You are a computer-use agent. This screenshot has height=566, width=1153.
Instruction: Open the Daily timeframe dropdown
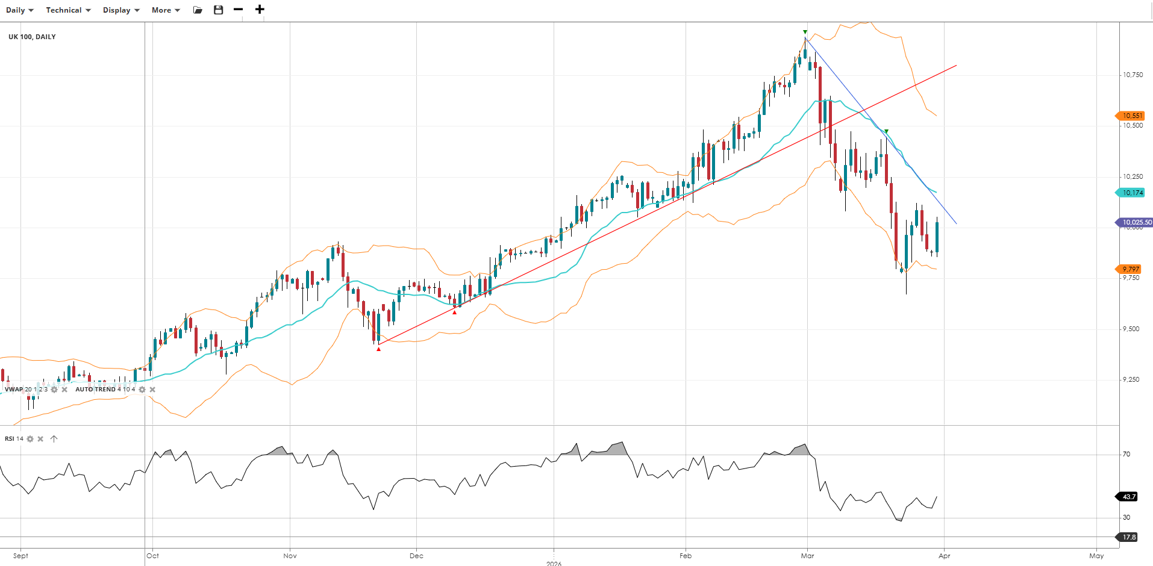19,10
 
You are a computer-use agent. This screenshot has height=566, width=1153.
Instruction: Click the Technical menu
68,10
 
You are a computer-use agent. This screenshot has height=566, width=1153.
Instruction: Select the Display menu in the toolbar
120,10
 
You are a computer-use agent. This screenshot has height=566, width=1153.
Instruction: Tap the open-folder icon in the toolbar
198,10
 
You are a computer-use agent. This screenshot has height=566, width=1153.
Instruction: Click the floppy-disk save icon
219,10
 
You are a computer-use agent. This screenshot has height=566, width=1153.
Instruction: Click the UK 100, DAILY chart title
32,37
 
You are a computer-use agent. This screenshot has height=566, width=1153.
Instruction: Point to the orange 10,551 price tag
1131,116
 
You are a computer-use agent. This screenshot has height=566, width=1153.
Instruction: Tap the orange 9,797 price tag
1130,269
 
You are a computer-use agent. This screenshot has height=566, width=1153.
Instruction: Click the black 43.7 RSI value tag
1129,497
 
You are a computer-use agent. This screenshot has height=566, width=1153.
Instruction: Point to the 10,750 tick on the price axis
1132,75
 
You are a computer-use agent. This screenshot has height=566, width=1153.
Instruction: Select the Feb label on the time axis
686,556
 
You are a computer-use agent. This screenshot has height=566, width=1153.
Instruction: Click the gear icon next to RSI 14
30,439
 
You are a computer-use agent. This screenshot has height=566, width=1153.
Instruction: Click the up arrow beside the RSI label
54,439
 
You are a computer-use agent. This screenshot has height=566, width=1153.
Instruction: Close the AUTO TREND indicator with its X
152,390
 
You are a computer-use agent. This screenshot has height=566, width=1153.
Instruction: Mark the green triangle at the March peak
805,32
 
